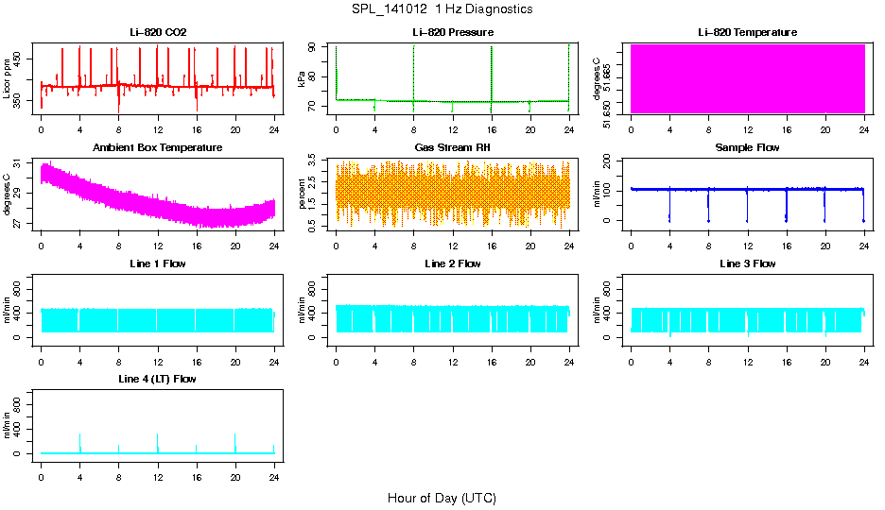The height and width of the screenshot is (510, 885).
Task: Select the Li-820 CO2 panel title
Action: coord(158,33)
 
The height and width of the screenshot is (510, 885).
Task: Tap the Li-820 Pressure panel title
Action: coord(453,33)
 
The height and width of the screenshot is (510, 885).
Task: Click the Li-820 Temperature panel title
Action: coord(747,33)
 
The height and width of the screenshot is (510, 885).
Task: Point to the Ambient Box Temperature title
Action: coord(158,148)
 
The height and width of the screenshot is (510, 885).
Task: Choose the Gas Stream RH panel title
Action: coord(453,148)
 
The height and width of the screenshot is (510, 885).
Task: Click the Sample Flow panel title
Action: coord(747,148)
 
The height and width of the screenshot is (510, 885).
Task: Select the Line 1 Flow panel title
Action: coord(158,263)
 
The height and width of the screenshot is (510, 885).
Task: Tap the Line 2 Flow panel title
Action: coord(453,263)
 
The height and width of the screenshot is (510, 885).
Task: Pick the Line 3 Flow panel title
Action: coord(747,263)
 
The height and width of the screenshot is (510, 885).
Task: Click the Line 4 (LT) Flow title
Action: coord(158,379)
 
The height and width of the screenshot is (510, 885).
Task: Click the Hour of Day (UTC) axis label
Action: coord(442,498)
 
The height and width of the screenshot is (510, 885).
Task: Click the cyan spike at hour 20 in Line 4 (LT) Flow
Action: coord(235,442)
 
